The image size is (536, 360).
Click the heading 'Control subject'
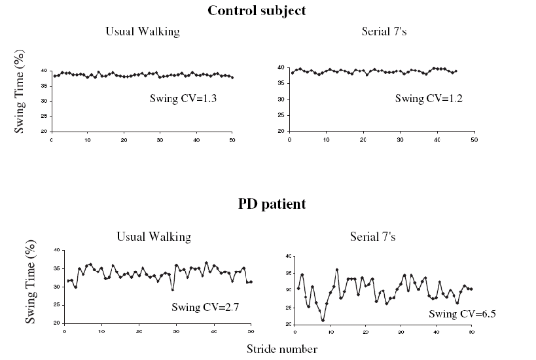click(x=257, y=10)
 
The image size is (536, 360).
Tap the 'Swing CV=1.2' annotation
click(x=421, y=98)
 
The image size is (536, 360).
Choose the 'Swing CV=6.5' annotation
click(x=462, y=314)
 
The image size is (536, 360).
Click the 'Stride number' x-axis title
click(x=281, y=349)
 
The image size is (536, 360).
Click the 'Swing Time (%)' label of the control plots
click(x=20, y=99)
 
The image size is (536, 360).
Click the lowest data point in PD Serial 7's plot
click(x=323, y=320)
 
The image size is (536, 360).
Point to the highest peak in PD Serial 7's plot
click(x=337, y=270)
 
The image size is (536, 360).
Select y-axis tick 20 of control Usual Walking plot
click(x=44, y=132)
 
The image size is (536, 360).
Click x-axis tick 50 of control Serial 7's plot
click(x=474, y=140)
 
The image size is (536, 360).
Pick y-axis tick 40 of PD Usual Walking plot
click(x=57, y=250)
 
